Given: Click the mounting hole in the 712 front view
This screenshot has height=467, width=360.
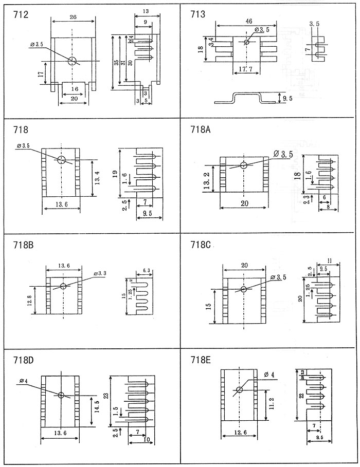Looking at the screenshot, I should (73, 61).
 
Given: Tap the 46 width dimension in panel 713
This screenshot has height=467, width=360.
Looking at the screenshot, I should (249, 21).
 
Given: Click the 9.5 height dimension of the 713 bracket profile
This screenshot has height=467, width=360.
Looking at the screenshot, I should (282, 97).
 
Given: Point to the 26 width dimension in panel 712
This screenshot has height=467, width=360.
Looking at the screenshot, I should (73, 17).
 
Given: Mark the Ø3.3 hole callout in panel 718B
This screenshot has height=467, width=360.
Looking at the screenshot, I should (100, 273).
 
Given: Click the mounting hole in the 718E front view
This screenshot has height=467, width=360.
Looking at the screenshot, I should (239, 389).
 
